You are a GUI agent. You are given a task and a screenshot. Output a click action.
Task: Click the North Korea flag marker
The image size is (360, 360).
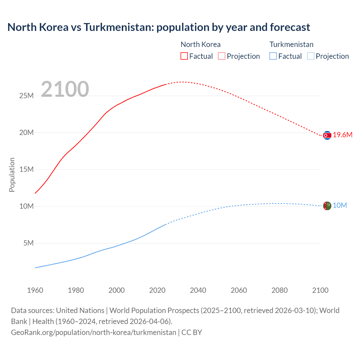coord(327,136)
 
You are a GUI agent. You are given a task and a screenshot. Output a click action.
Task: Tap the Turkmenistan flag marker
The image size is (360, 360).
coord(327,206)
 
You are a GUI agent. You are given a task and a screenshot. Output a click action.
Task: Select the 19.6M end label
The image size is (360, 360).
coord(343,135)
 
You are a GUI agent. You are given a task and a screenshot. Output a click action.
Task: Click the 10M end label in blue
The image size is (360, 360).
coord(340,206)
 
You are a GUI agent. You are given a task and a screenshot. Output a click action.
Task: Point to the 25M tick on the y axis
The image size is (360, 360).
coord(26,96)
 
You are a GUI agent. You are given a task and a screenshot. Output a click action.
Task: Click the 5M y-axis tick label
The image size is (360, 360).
coord(28,243)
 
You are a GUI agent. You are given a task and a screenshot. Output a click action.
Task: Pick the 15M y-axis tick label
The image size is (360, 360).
coord(26,170)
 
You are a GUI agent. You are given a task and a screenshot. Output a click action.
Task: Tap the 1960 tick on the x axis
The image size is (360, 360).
coord(35,290)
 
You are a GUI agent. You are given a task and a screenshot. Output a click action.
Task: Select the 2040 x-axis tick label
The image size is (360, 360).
coord(198,290)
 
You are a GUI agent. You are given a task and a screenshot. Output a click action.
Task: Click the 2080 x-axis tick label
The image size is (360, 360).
coord(280,290)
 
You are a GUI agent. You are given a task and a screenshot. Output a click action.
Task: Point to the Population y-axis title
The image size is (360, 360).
coord(12,175)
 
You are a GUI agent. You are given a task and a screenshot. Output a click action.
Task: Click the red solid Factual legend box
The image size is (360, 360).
coord(184,56)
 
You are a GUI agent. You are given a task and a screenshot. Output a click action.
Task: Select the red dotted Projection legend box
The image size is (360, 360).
coord(222,56)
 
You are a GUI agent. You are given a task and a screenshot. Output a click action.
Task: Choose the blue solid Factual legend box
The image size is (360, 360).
coord(273,56)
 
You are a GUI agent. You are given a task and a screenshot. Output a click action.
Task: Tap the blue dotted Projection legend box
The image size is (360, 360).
coord(310,56)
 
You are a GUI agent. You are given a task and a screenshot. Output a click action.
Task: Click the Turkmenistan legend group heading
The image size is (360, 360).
coord(291,44)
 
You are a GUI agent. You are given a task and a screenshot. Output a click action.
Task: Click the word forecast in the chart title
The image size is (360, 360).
coord(290,27)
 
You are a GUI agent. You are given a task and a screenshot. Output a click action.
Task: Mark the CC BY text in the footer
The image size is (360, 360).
coord(192,332)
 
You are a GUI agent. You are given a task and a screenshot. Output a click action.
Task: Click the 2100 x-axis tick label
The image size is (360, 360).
coord(320,290)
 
